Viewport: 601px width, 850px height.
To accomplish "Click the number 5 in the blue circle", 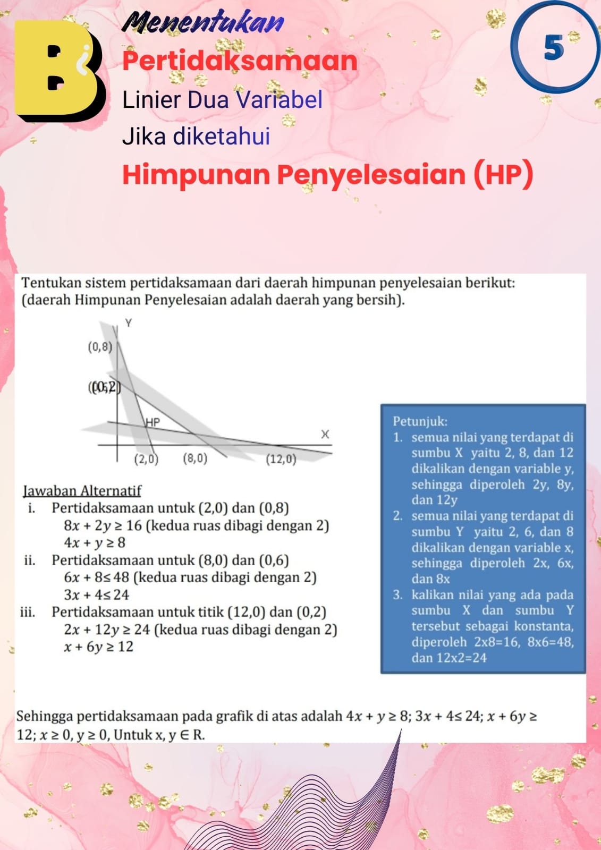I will pos(554,48).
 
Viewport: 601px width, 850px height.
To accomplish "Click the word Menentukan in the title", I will pos(204,23).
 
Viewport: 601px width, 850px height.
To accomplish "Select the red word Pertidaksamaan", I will pos(240,61).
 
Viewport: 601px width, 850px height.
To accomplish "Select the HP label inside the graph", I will pos(153,423).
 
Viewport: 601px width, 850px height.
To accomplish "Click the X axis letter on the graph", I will pos(325,435).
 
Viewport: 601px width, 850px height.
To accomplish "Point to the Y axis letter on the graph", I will pos(128,323).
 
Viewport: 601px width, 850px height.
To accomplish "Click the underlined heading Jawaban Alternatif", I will pos(82,490).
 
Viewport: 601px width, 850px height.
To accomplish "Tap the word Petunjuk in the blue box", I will pos(420,421).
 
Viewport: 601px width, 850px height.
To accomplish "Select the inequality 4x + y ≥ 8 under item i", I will pos(95,543).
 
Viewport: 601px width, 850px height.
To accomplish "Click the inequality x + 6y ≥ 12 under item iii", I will pos(98,647).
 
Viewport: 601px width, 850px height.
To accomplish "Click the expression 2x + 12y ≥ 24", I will pos(107,630).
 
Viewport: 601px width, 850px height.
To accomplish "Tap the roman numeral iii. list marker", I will pos(28,612).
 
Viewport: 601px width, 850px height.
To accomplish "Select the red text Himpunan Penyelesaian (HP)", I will pos(327,175).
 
